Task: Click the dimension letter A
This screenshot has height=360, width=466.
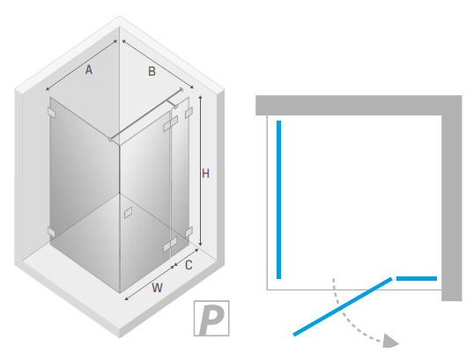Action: [x=89, y=70]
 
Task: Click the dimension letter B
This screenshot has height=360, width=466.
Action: [x=152, y=71]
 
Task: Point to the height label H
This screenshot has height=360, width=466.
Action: [x=205, y=173]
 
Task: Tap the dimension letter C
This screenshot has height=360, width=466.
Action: [x=189, y=265]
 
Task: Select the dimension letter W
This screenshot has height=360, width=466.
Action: [x=157, y=288]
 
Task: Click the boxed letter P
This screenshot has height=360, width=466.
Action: [x=211, y=318]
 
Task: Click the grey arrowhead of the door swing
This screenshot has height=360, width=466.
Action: [x=390, y=341]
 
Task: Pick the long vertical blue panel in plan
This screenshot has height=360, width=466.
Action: [x=278, y=200]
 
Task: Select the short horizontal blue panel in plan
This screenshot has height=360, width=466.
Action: [x=417, y=279]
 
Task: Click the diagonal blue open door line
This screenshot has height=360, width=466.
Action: [x=343, y=307]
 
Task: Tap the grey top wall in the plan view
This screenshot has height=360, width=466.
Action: [x=349, y=105]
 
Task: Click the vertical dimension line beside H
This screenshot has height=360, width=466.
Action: [x=201, y=171]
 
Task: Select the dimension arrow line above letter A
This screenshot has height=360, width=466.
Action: [x=81, y=65]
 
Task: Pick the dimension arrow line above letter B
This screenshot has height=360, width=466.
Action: [x=158, y=64]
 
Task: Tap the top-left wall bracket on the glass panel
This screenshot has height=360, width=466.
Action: [x=51, y=113]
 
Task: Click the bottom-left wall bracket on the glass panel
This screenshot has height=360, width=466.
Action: [x=51, y=231]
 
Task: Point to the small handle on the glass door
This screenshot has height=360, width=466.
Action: [x=128, y=212]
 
